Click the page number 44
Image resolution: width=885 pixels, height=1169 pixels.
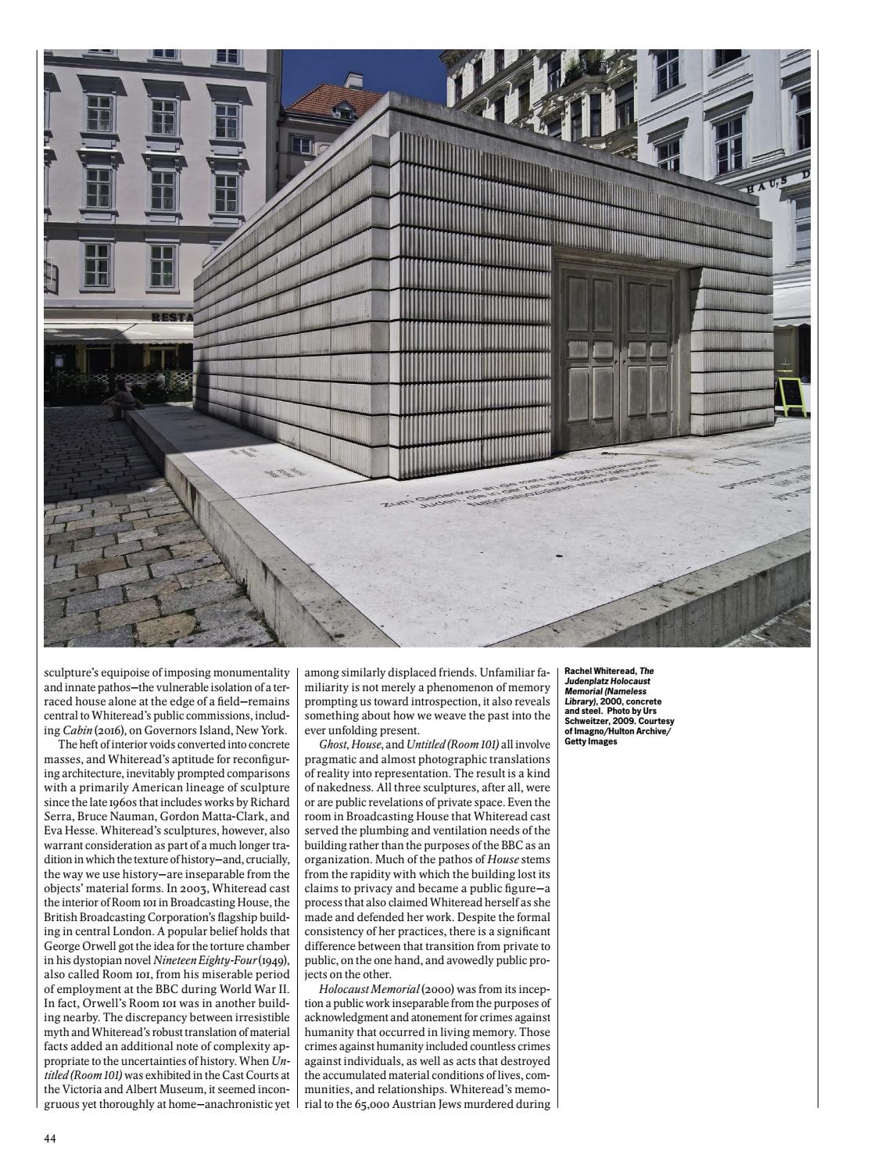(49, 1138)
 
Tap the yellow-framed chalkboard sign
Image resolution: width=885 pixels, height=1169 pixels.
(792, 395)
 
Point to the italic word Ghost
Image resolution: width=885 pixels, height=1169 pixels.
(334, 744)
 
